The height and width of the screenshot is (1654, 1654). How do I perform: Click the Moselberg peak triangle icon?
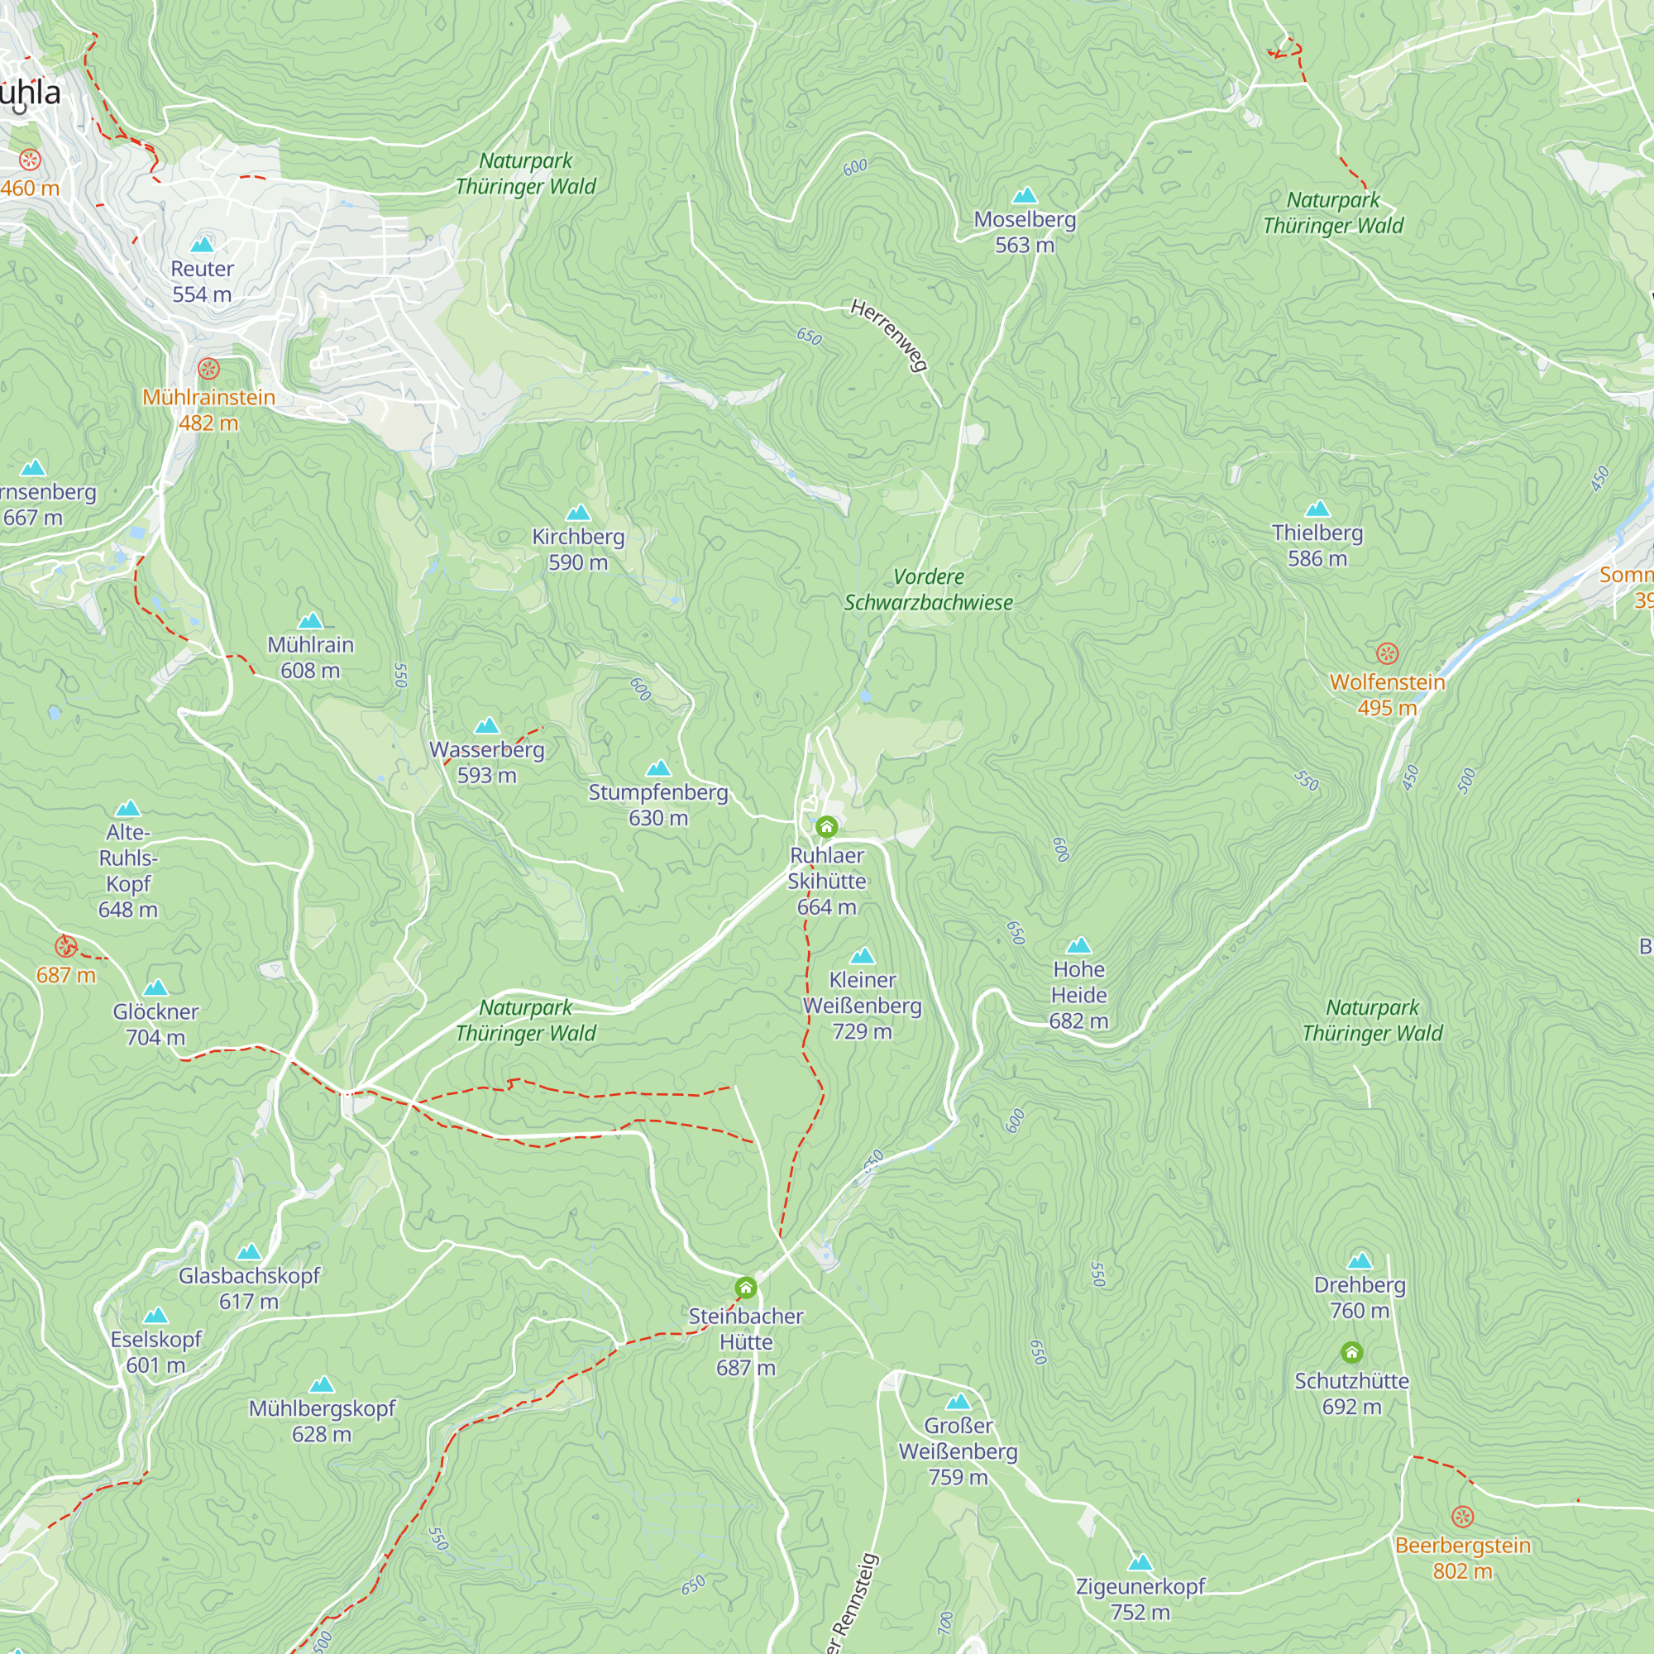1025,195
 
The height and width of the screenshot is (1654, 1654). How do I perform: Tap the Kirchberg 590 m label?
578,549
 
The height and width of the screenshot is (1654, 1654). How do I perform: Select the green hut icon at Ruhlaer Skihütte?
826,826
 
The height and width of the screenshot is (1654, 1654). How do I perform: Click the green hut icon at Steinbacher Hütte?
746,1288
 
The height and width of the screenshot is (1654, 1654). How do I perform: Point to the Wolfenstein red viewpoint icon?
1387,653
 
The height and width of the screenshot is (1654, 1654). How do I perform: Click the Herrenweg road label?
890,335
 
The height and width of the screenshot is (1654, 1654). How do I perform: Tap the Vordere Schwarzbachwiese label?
928,589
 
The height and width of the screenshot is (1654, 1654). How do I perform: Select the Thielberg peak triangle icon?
1317,509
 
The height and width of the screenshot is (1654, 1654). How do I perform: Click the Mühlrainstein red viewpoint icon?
209,369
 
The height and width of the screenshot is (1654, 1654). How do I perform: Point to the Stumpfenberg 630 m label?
657,805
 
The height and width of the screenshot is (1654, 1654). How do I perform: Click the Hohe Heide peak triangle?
1078,945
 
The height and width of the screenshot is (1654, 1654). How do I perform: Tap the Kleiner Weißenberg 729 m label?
862,1005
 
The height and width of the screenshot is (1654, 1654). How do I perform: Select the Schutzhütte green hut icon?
1352,1353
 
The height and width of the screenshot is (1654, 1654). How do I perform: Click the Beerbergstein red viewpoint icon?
1462,1517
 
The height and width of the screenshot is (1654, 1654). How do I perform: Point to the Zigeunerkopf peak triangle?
1140,1563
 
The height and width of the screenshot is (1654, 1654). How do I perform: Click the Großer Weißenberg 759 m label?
958,1451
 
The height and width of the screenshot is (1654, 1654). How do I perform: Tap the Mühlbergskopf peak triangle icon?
322,1385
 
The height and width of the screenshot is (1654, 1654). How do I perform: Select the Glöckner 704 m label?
155,1024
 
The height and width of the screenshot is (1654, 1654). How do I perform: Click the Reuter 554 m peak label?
202,281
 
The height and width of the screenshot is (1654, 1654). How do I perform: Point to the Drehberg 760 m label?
1360,1297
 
